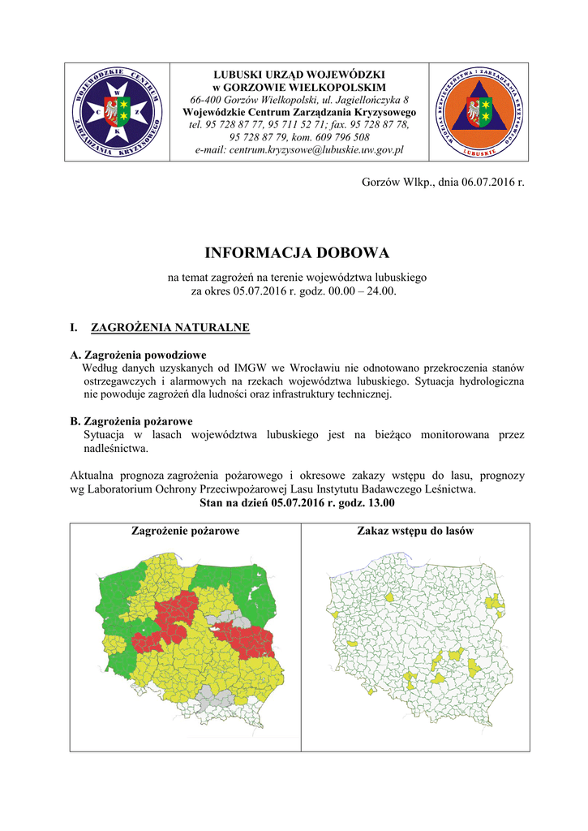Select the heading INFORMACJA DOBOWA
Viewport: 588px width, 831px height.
coord(297,253)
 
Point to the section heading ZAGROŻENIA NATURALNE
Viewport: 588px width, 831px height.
coord(170,329)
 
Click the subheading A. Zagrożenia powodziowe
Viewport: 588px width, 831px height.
coord(139,355)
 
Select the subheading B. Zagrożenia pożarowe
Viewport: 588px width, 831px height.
coord(131,422)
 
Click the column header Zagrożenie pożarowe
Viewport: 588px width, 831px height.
coord(185,531)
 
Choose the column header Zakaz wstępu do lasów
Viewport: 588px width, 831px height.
coord(415,531)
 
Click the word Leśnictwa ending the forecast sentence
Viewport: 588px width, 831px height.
coord(449,489)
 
